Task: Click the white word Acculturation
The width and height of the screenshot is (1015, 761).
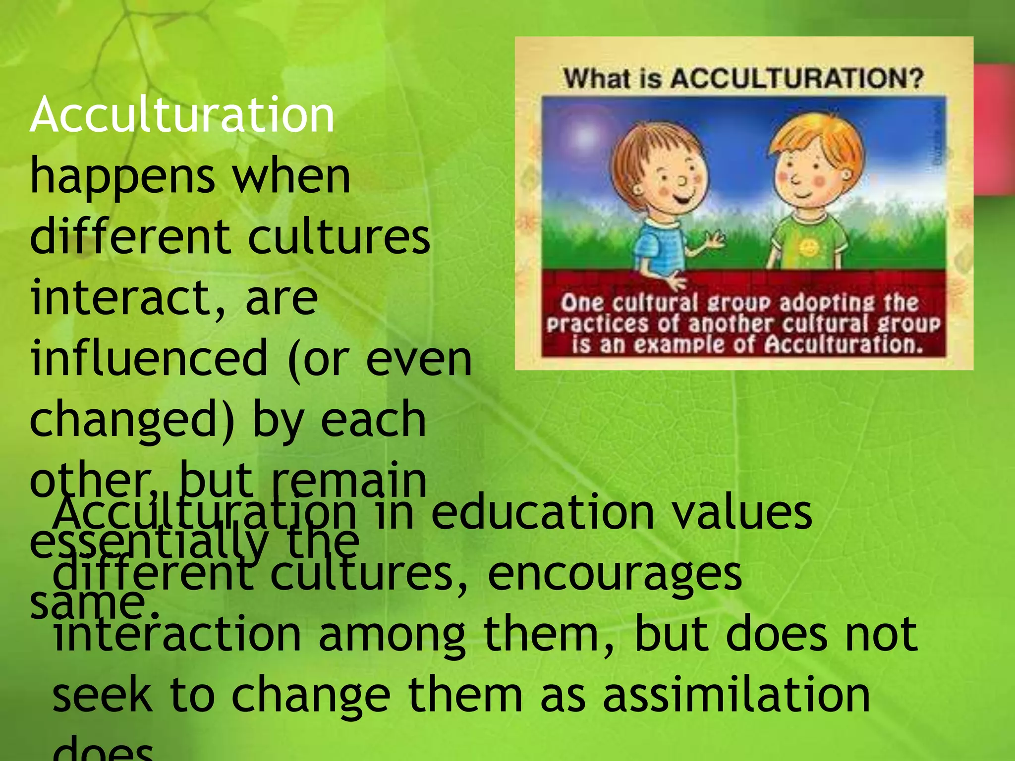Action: (x=182, y=115)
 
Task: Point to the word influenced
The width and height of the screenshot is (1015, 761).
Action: (x=149, y=359)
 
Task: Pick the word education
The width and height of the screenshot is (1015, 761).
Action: (x=542, y=513)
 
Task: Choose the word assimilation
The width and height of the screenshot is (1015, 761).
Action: (x=736, y=696)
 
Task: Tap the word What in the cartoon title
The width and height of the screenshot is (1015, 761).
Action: (x=595, y=78)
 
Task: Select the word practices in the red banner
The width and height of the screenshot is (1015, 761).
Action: (x=597, y=324)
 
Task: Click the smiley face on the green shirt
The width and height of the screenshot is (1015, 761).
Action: (x=808, y=246)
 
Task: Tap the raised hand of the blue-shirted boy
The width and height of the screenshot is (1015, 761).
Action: (x=714, y=241)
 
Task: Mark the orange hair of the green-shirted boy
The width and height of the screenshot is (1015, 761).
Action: (x=818, y=139)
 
